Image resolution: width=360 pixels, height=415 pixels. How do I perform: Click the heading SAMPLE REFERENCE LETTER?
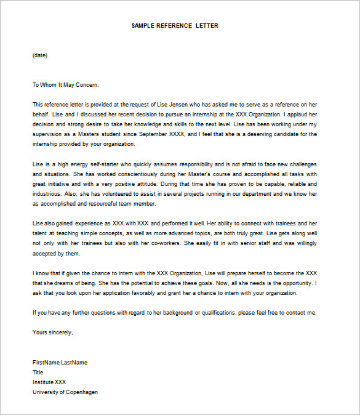pos(175,26)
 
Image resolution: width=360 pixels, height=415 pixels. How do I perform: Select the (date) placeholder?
pos(40,55)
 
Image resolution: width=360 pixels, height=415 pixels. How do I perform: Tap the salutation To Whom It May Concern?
pos(65,85)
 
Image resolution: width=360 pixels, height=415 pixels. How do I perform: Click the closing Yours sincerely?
pos(52,332)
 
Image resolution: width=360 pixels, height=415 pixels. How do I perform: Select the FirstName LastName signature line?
pos(60,363)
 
